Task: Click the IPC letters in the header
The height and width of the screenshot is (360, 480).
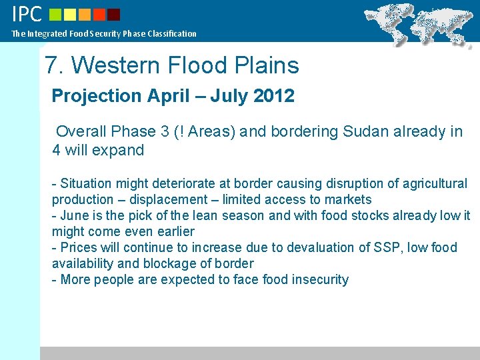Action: (27, 13)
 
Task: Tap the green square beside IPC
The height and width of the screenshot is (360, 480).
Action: (56, 14)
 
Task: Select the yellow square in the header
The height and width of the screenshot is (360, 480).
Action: (71, 14)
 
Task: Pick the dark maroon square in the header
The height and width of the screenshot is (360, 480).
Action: (114, 14)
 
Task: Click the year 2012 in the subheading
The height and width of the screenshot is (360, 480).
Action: (274, 96)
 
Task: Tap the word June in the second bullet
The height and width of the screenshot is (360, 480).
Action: (75, 215)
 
